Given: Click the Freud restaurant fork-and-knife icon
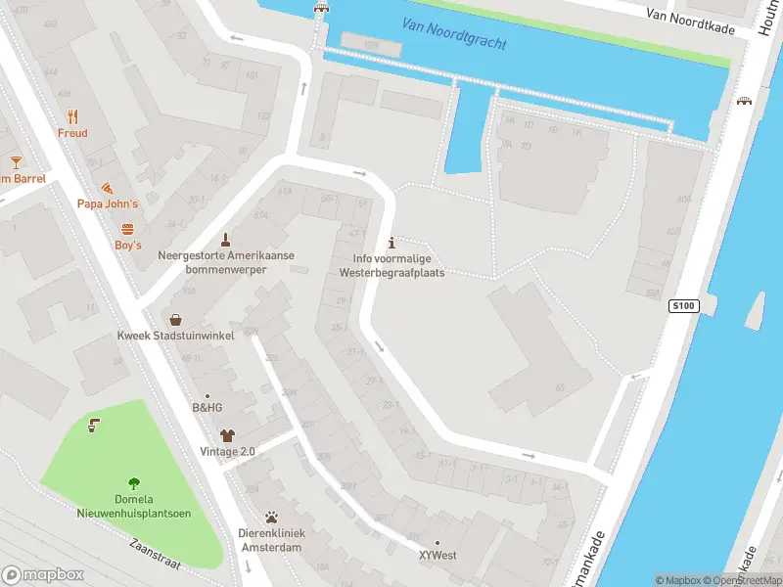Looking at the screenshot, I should [x=72, y=115].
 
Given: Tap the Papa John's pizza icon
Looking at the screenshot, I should [x=108, y=187].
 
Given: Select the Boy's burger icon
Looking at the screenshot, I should [x=127, y=228].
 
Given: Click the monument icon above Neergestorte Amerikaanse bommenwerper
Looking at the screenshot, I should [x=226, y=239].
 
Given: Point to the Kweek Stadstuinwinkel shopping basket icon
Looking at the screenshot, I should [x=175, y=319].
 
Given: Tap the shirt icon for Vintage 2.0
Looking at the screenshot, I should [x=227, y=435].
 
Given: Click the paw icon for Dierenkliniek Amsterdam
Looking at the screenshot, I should [x=271, y=517].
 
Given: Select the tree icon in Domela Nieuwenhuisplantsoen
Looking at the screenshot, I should [x=133, y=482].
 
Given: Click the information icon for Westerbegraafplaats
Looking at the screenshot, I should [x=391, y=243].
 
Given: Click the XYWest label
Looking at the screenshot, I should [x=438, y=555].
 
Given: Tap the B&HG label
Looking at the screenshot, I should [x=207, y=408].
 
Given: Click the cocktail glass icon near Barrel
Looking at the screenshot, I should [x=16, y=161].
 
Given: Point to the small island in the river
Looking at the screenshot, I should [x=755, y=311].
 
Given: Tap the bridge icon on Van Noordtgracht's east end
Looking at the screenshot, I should [x=745, y=101].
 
